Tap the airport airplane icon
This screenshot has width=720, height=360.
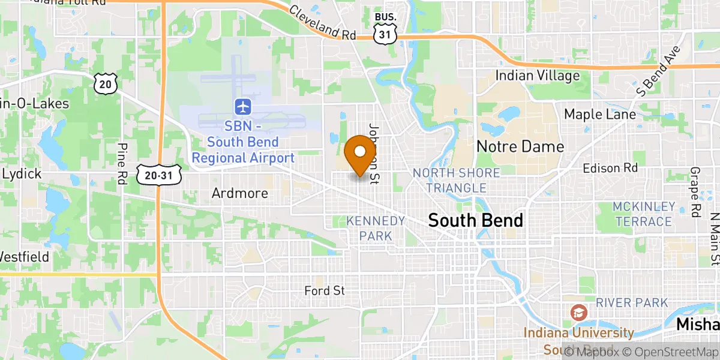click(243, 107)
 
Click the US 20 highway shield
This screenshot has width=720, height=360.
click(105, 83)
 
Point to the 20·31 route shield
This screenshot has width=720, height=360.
click(158, 175)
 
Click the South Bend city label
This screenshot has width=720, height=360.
click(475, 220)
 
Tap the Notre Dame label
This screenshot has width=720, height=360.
click(520, 146)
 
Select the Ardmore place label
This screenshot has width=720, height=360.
click(239, 194)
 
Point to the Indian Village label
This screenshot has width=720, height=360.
click(538, 76)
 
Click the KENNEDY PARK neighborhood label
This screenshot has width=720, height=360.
click(376, 228)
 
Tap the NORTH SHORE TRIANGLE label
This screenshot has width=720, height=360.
click(456, 181)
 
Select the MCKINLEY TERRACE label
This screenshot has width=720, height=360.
click(643, 214)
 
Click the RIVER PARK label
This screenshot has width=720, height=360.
click(632, 302)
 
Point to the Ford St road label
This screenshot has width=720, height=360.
click(325, 291)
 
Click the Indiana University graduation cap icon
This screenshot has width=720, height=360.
click(578, 313)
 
